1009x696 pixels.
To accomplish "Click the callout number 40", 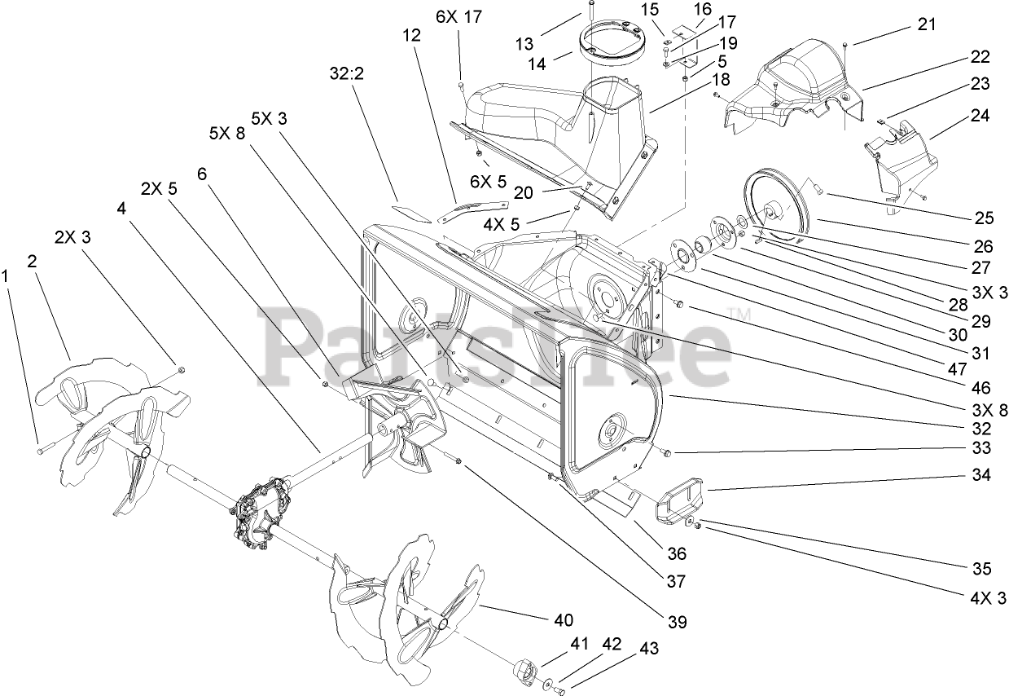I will (x=564, y=619).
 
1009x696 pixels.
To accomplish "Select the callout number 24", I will (x=979, y=116).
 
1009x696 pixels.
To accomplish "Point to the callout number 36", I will (x=676, y=554).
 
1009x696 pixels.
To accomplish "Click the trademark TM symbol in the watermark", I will (x=738, y=314).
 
